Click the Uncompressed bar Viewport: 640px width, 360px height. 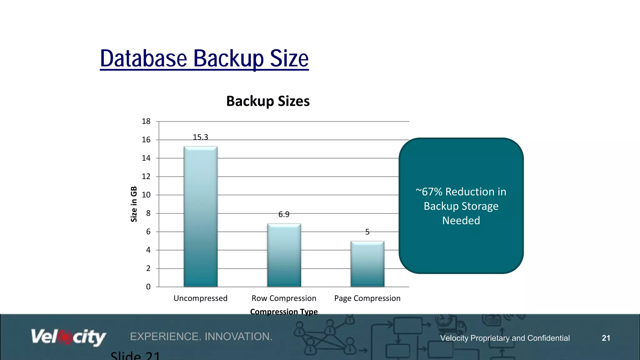(x=201, y=216)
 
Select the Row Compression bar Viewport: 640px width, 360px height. (x=284, y=255)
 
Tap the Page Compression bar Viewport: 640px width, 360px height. (x=367, y=264)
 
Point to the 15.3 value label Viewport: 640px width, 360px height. (x=200, y=137)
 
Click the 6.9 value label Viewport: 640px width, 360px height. (x=284, y=214)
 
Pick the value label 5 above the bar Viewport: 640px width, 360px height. (x=367, y=232)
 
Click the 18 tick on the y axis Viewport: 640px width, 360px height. (x=146, y=121)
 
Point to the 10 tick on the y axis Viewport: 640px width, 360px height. (x=146, y=195)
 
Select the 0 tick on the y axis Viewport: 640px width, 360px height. (x=148, y=287)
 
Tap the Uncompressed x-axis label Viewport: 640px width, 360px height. (x=200, y=298)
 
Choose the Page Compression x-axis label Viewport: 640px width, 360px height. (x=367, y=298)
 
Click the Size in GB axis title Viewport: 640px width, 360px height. (x=134, y=204)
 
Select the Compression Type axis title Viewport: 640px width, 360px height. (x=284, y=312)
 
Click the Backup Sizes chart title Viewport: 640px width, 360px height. (x=268, y=101)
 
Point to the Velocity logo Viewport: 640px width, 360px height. (x=68, y=337)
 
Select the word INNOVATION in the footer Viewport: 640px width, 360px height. (x=238, y=337)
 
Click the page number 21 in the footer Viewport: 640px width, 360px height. (x=606, y=338)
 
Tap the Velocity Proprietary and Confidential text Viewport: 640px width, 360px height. (x=505, y=338)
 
